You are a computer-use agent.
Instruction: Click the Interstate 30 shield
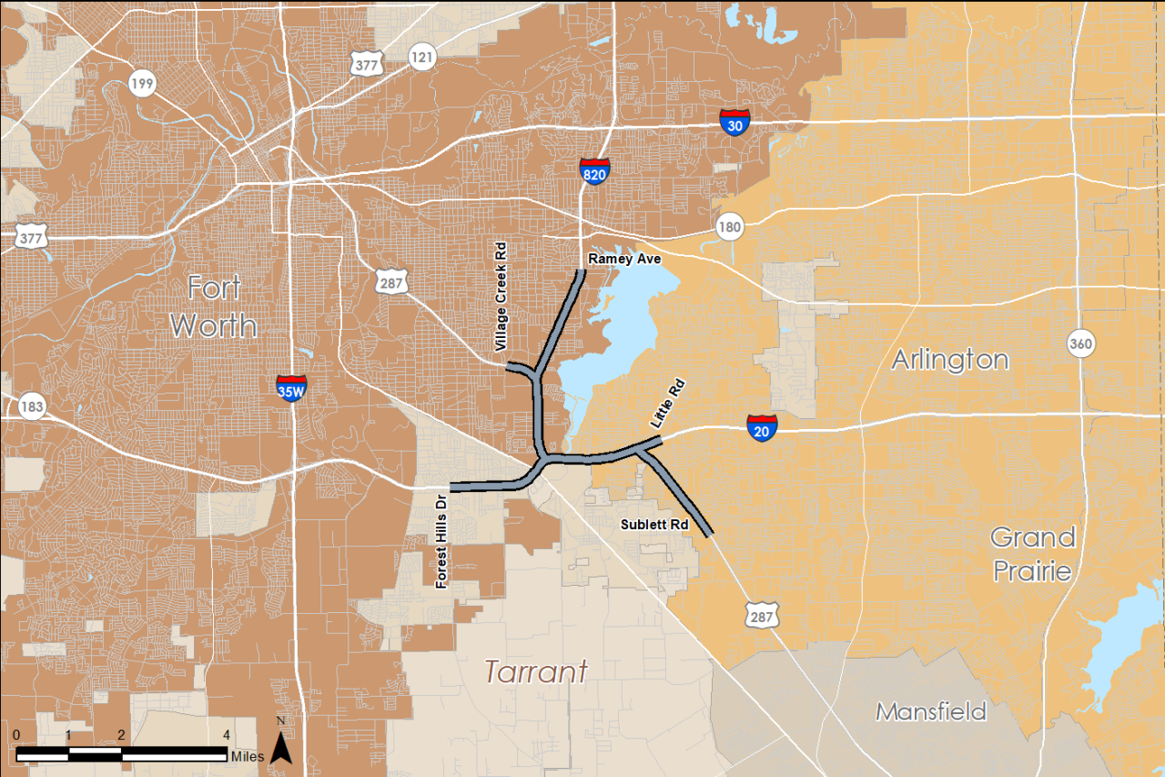point(735,122)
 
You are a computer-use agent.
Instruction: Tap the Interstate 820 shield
point(593,170)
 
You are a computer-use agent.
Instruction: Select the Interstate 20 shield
point(762,427)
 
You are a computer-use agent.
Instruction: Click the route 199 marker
point(142,84)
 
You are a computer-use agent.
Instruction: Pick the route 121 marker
point(421,56)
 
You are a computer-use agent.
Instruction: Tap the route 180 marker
point(729,226)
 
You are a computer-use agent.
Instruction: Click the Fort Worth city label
point(214,306)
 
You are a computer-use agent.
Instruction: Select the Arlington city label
point(949,360)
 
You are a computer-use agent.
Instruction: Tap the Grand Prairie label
point(1033,554)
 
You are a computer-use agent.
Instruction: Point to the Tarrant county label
point(535,672)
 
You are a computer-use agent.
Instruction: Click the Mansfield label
point(931,711)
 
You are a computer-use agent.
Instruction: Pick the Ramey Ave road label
point(624,259)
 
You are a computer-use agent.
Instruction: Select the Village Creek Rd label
point(500,297)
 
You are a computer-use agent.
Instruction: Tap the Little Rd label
point(667,404)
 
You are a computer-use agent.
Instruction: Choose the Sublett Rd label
point(655,525)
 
